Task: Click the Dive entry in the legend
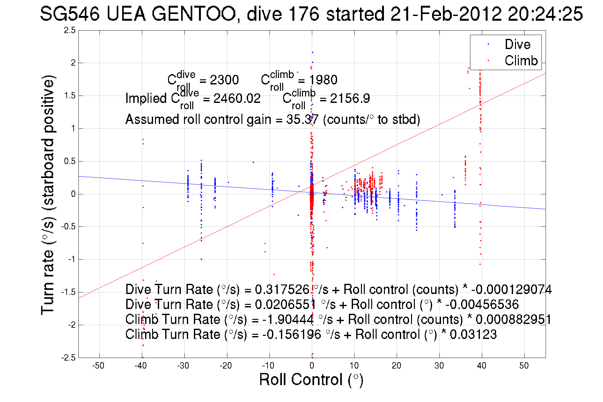517,44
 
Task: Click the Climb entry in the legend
521,61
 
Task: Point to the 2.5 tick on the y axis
70,30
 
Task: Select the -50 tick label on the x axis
98,366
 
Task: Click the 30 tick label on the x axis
439,366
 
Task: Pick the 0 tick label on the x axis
312,366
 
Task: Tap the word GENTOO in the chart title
193,14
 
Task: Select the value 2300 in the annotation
224,80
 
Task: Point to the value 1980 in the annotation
323,80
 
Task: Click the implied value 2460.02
237,98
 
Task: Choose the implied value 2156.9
350,98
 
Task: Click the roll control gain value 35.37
302,119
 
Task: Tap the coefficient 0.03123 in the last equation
473,334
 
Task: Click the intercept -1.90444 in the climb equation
288,319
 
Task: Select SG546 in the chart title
70,14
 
